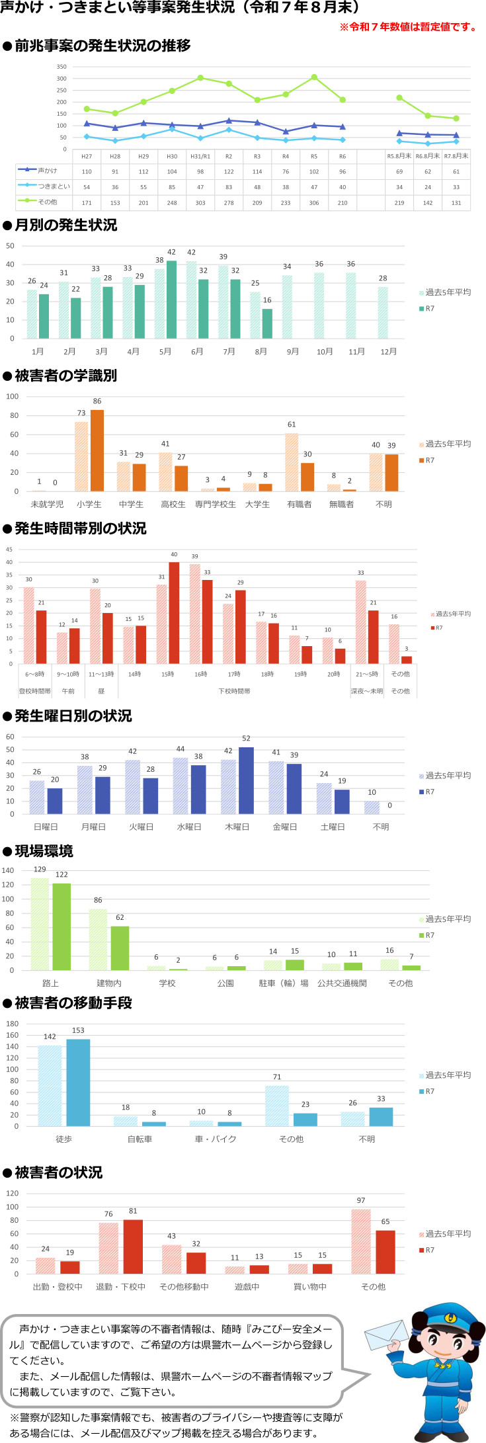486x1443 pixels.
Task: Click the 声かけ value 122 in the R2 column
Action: point(229,172)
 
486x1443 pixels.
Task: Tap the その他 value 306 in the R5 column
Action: point(314,202)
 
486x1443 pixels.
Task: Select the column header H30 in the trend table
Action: point(172,157)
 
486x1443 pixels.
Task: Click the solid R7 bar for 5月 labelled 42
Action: point(171,299)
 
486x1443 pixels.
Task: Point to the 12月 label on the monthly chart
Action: point(388,351)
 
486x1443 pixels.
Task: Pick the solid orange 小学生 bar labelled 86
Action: point(97,450)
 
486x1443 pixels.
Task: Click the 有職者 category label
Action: point(299,504)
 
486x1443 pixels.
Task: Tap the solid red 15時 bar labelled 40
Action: point(174,612)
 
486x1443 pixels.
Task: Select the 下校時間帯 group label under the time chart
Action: point(234,691)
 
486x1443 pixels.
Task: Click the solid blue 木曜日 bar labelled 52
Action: point(246,780)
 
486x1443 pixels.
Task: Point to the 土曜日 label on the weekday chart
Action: point(333,827)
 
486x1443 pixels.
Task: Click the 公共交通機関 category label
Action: point(342,983)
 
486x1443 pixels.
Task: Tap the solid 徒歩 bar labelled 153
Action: point(78,1082)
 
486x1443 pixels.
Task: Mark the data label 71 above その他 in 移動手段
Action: point(277,1077)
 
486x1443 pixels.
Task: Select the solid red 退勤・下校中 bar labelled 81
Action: point(133,1246)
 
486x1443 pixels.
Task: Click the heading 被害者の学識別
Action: point(65,376)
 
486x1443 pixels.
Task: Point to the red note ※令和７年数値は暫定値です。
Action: point(408,27)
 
